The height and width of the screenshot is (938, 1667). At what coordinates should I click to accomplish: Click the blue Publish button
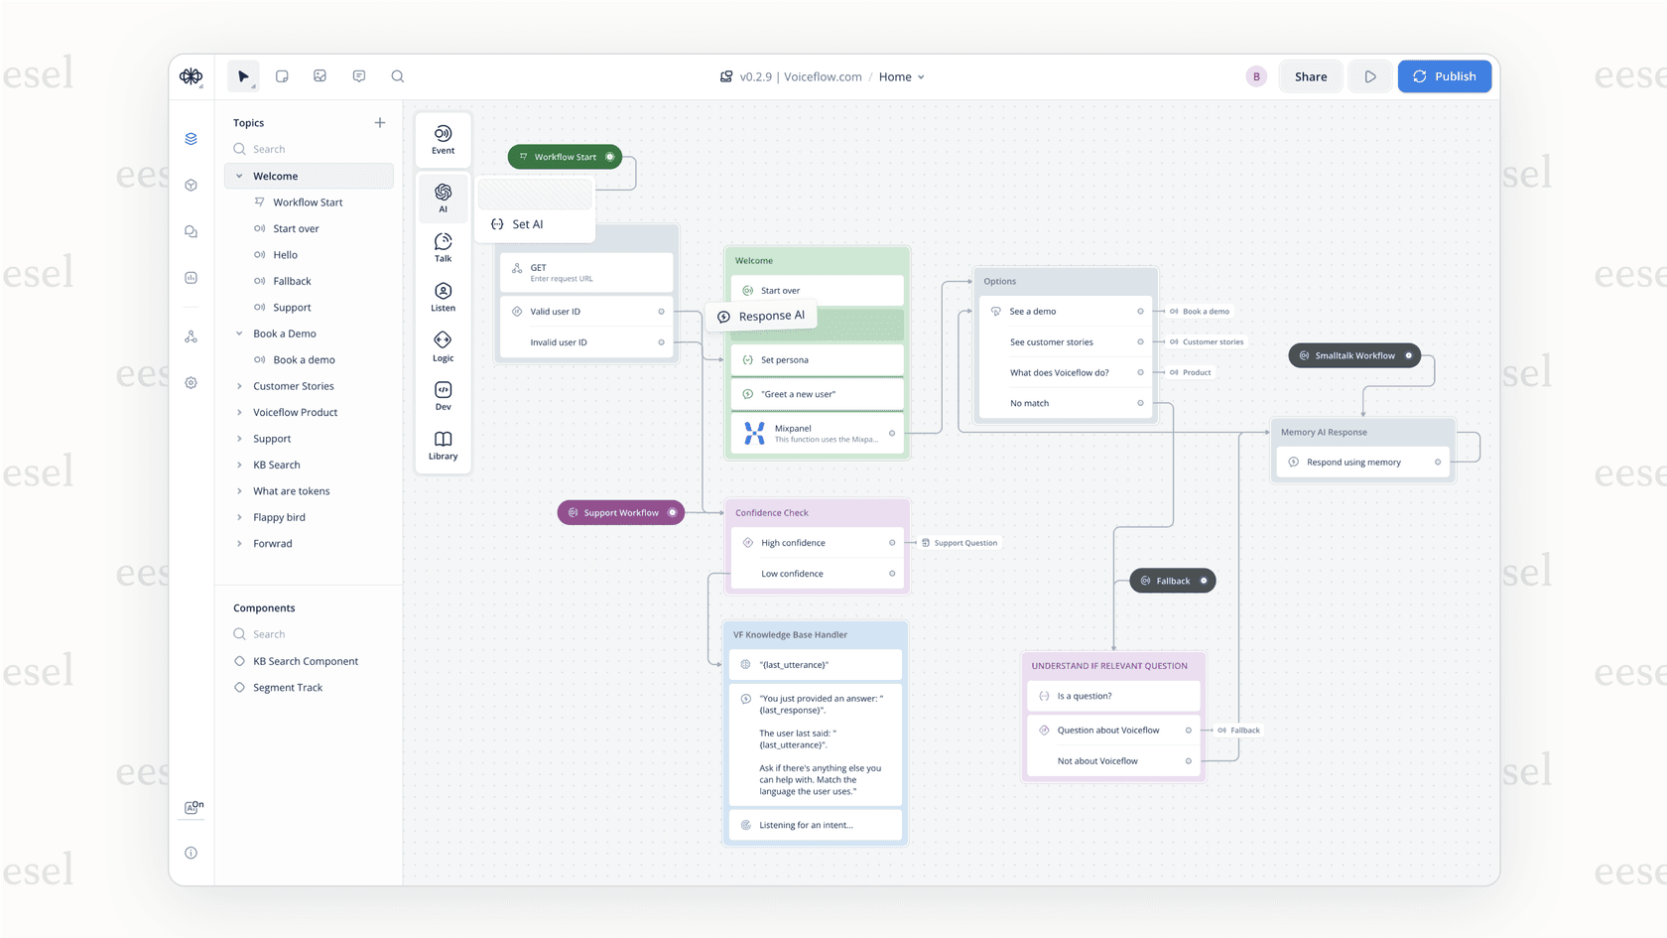[1444, 76]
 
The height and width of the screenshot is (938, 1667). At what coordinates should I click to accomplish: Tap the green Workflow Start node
[565, 157]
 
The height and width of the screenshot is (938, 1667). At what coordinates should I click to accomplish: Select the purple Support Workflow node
[620, 513]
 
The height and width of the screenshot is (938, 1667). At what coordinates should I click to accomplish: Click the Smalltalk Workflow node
[1353, 355]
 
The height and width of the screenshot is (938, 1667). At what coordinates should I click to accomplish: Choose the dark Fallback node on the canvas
[1172, 581]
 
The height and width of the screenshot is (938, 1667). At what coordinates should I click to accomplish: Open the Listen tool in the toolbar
[443, 296]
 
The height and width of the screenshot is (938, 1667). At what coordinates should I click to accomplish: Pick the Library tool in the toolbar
[443, 445]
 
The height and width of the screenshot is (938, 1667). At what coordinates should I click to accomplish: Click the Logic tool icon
[443, 345]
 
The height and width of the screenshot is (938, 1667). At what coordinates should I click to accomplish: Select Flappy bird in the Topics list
[279, 517]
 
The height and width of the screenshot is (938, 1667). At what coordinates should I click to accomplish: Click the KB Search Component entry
[305, 661]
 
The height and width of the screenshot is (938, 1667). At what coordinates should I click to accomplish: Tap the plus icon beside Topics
[380, 123]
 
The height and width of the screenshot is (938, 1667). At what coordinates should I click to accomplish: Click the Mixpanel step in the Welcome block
[816, 434]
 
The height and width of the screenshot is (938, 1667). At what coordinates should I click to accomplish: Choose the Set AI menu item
[527, 224]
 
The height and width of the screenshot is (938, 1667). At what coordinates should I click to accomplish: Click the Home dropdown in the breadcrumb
[902, 76]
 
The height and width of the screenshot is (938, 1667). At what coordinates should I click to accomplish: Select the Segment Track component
[287, 688]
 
